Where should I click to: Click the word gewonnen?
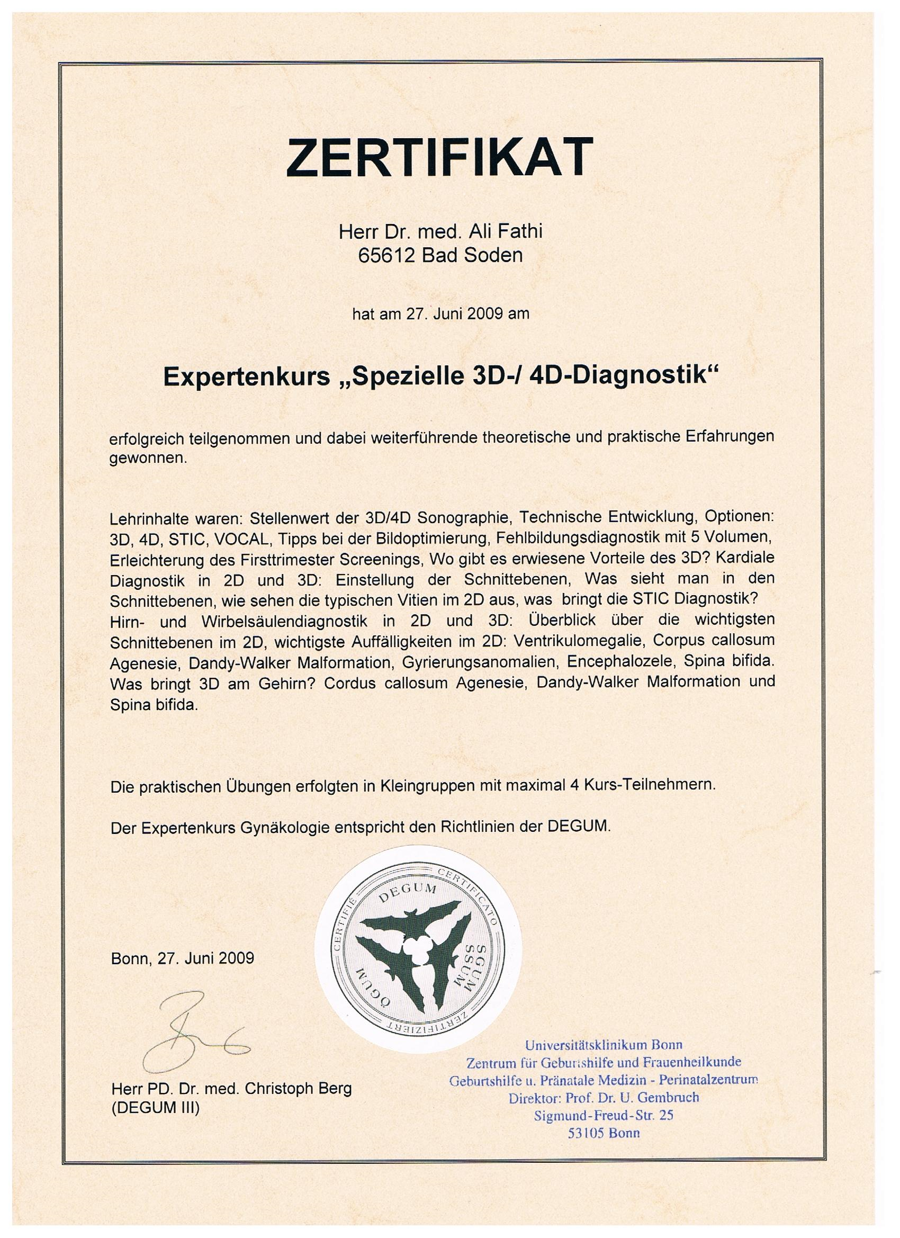point(148,459)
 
